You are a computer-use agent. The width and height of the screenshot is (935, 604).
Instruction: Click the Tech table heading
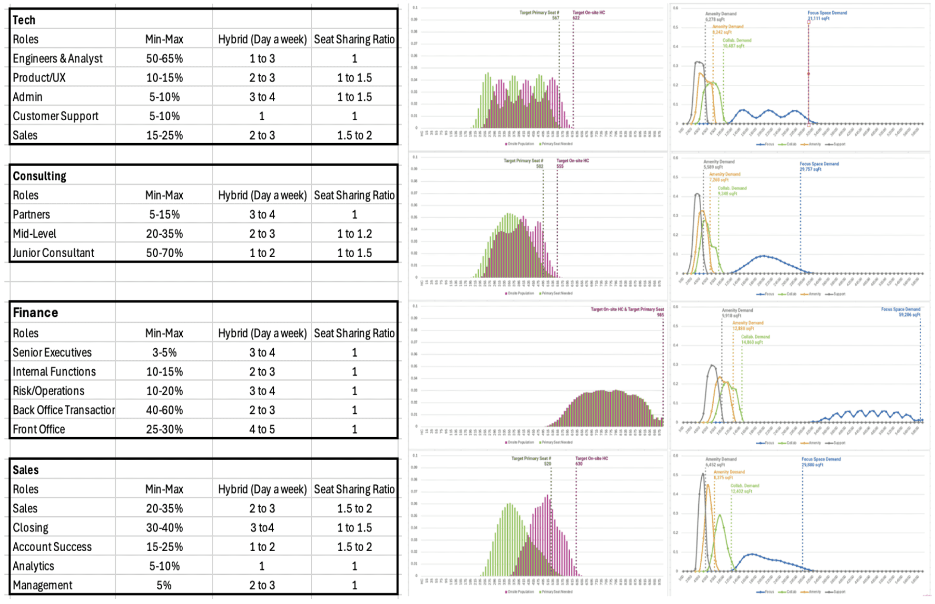pos(24,20)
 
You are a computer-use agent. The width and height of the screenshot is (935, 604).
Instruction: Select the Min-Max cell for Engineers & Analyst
pos(164,59)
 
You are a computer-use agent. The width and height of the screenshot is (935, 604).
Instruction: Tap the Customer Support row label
pos(55,116)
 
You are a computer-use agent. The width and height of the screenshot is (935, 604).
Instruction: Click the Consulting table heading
pos(40,176)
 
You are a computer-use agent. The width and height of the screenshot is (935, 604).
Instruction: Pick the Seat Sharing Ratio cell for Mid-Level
pos(354,234)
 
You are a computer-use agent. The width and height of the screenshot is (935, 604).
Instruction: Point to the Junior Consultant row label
pos(53,253)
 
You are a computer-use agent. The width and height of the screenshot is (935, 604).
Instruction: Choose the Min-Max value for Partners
pos(164,215)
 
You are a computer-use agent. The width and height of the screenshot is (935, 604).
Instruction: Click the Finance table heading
pos(35,313)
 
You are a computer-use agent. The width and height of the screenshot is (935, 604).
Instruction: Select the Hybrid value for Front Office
pos(262,429)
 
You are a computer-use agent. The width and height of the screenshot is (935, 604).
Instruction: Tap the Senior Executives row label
pos(52,353)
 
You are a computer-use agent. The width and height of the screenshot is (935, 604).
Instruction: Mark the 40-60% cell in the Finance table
pos(164,410)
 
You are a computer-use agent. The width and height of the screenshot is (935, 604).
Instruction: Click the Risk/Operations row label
pos(48,391)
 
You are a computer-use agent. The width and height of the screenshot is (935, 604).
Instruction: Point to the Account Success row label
pos(52,547)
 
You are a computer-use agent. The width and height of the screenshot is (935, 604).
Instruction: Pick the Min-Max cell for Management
pos(164,585)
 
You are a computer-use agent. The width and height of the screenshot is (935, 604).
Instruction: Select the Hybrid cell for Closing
pos(262,528)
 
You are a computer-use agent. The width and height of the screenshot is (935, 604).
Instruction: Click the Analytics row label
pos(33,566)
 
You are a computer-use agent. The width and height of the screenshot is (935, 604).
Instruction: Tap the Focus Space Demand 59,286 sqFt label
pos(901,312)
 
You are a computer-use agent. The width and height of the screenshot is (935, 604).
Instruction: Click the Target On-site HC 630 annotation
pos(591,461)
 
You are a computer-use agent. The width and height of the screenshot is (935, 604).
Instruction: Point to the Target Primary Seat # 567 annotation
pos(540,15)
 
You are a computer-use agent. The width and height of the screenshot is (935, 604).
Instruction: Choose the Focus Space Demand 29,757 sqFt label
pos(819,167)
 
